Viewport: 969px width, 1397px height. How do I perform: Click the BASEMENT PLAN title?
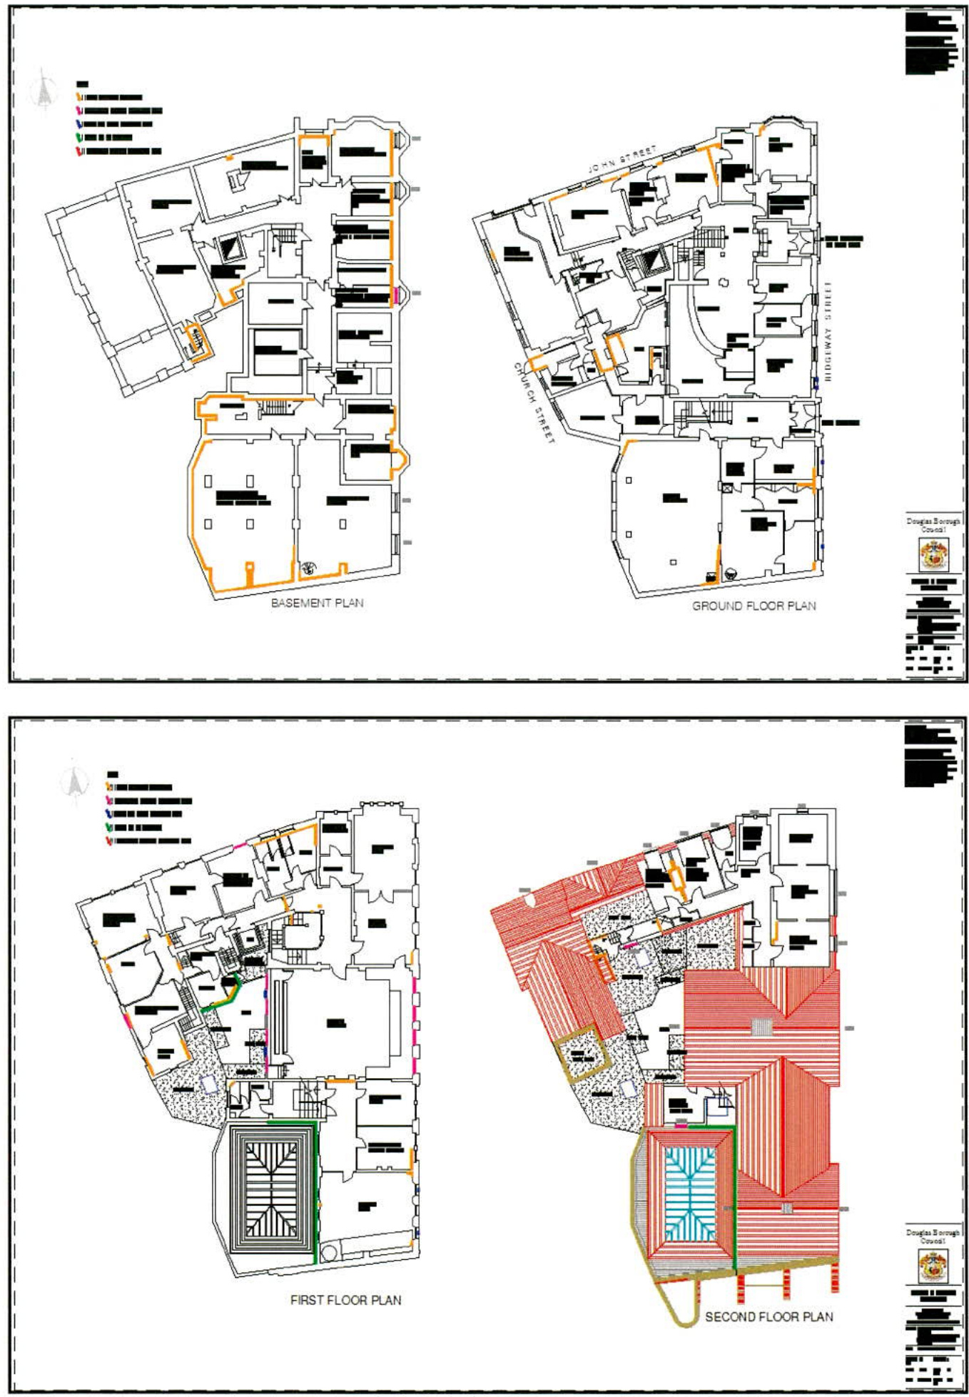tap(317, 603)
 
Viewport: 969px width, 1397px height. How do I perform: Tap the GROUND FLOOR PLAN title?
tap(754, 606)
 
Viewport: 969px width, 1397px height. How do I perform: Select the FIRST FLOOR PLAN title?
tap(345, 1300)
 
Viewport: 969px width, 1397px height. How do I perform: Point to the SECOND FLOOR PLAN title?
tap(768, 1316)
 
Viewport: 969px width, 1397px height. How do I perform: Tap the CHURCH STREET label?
tap(534, 403)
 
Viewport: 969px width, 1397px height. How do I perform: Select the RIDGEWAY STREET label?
tap(828, 331)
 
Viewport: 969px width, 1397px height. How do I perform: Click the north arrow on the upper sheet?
tap(44, 91)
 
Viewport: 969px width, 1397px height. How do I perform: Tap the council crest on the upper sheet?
tap(933, 554)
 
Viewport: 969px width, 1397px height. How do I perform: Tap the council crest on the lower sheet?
tap(933, 1265)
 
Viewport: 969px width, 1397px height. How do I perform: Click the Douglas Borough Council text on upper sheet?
tap(933, 525)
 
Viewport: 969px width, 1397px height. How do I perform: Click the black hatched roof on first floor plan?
tap(271, 1188)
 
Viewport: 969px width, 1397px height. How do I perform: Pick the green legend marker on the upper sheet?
tap(80, 137)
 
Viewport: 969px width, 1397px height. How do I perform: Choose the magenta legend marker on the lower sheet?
tap(109, 801)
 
